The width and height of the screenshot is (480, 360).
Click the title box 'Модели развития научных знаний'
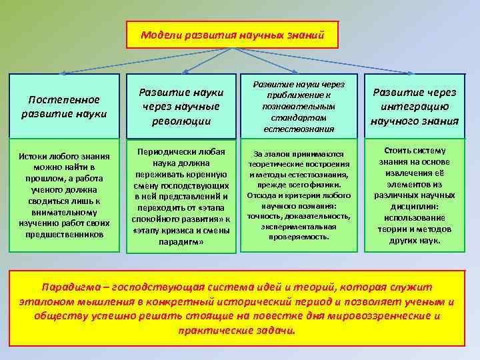[233, 35]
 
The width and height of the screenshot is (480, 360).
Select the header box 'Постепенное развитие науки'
[64, 106]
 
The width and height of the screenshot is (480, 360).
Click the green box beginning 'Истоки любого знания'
[64, 195]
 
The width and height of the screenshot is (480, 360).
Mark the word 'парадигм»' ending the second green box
[181, 242]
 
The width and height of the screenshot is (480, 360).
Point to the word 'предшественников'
[64, 234]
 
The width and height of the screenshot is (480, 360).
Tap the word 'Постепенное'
[64, 99]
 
